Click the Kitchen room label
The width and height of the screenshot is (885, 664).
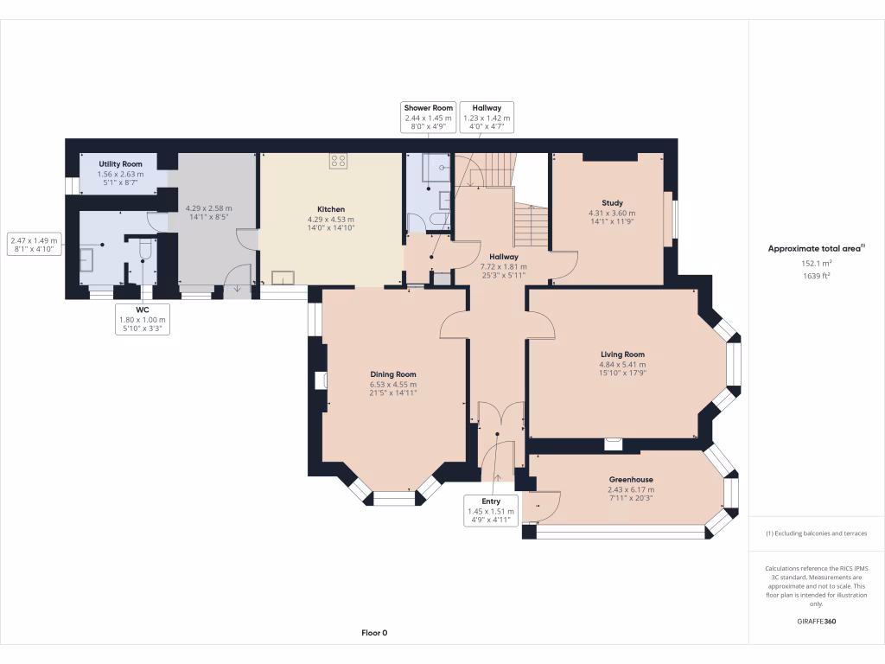331,209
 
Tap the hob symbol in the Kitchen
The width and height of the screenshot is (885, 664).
338,160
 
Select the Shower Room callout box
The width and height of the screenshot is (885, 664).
429,118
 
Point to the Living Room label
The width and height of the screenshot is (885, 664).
623,354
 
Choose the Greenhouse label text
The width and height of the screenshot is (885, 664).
631,480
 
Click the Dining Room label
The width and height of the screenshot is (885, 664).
393,374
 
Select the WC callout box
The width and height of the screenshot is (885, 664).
143,319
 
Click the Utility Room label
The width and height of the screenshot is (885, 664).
120,163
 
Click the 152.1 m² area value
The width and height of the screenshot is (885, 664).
816,264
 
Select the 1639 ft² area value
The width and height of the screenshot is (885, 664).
816,276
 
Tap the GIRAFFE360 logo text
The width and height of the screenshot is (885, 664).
816,621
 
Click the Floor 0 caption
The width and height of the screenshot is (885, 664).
374,633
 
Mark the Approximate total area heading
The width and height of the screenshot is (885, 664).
816,248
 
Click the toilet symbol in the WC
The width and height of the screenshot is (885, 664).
145,250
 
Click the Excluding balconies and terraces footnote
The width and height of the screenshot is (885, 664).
816,533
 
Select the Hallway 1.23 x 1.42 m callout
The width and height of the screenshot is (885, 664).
487,118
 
